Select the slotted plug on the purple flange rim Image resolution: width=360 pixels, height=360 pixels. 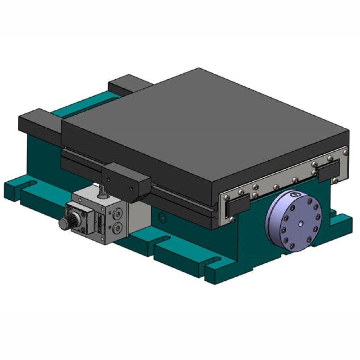pos(295,195)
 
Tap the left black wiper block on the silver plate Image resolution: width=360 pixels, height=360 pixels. pos(234,206)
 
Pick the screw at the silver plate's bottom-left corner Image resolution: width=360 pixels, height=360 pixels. pos(232,219)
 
